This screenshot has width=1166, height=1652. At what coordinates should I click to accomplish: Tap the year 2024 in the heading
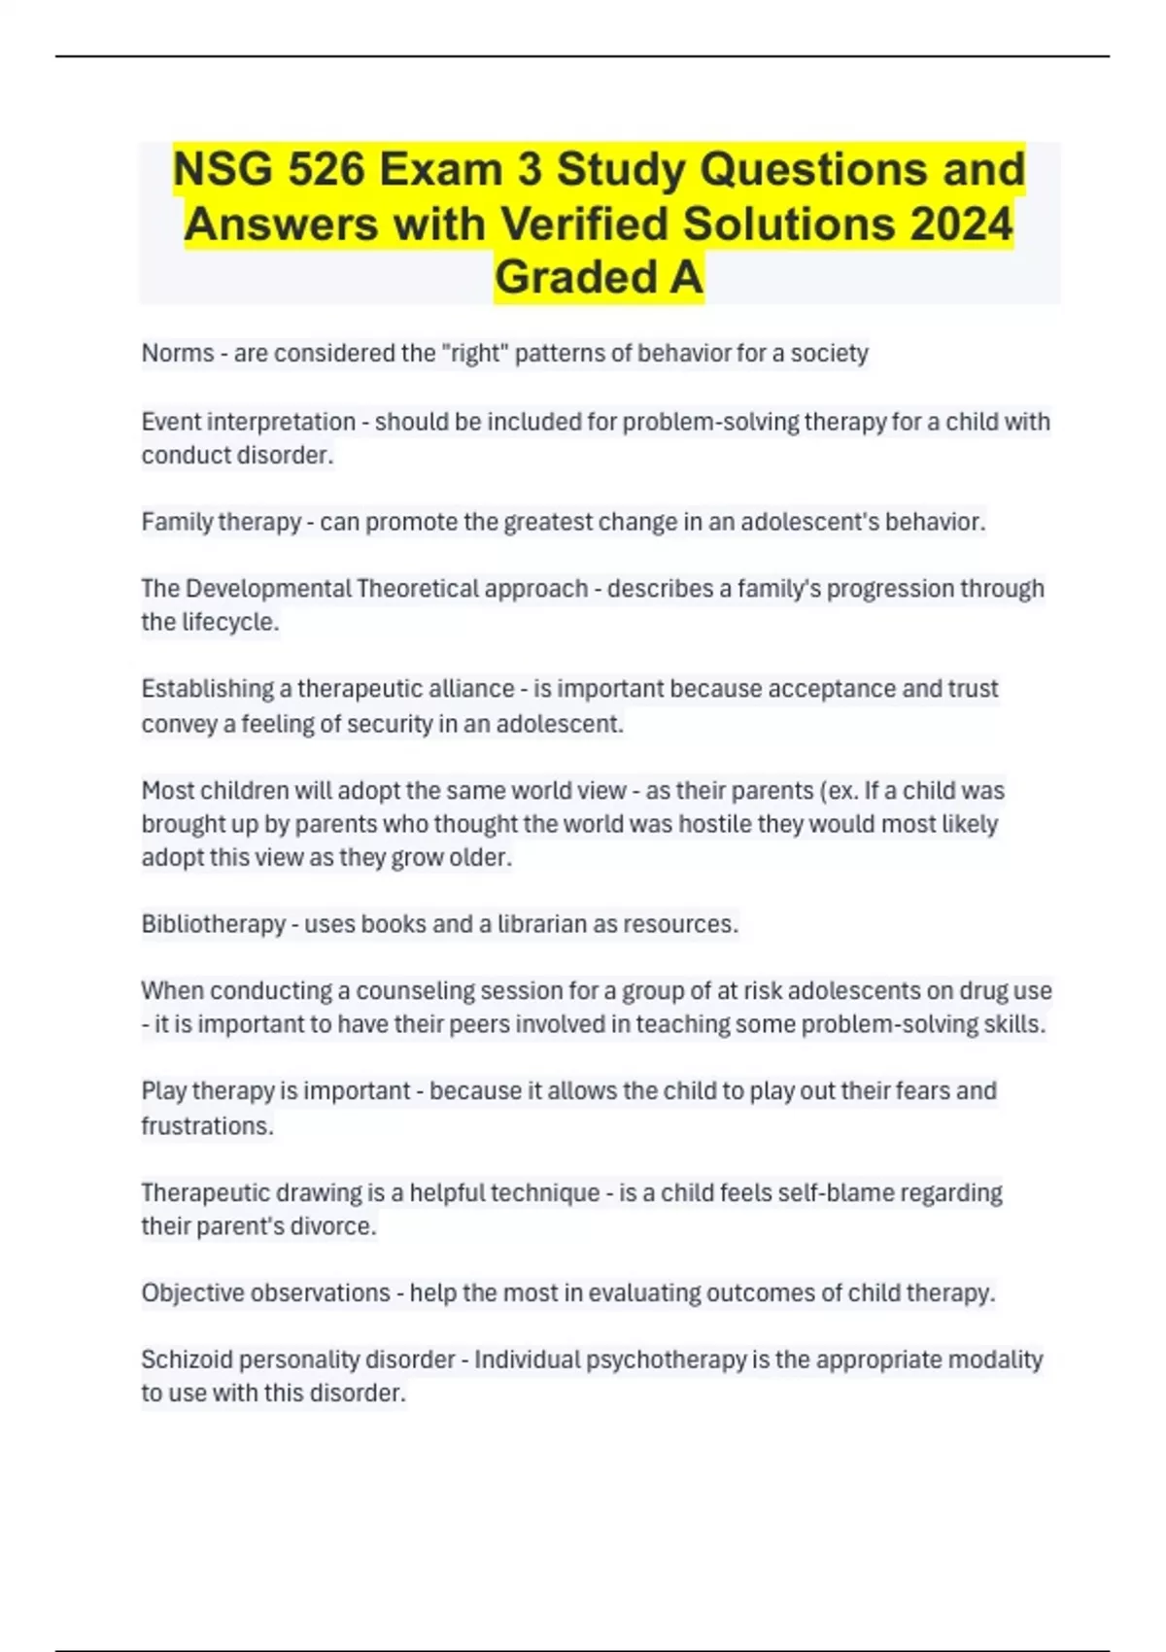(x=962, y=224)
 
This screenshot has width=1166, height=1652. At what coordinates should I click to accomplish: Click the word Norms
(x=178, y=353)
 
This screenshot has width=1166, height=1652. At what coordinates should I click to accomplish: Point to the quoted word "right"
(x=475, y=353)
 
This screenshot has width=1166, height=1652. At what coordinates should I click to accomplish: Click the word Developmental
(x=268, y=589)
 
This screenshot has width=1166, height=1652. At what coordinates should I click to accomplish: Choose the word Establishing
(x=207, y=689)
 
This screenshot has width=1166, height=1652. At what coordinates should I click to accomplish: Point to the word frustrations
(x=206, y=1125)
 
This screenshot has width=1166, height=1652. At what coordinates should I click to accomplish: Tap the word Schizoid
(x=187, y=1359)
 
